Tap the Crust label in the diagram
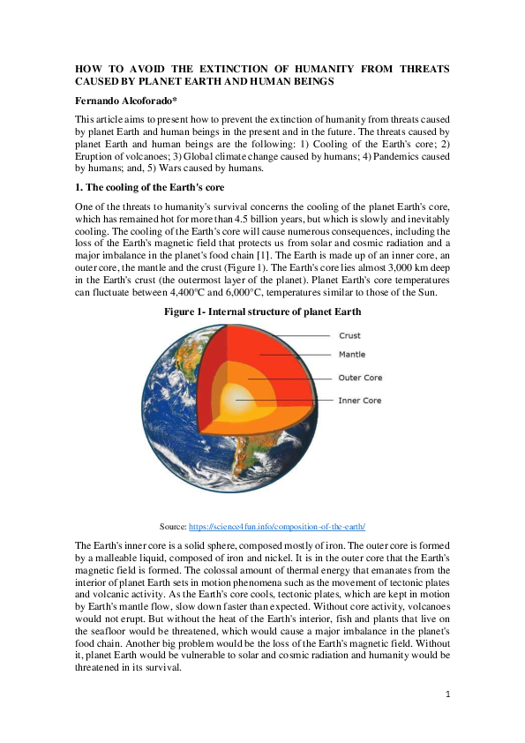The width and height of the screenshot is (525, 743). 349,335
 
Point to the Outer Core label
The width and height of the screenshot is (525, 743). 360,378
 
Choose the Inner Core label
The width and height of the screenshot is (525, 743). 360,400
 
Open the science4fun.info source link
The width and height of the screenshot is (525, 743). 277,525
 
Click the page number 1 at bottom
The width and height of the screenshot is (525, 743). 447,694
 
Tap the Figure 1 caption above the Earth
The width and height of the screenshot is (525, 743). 262,311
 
